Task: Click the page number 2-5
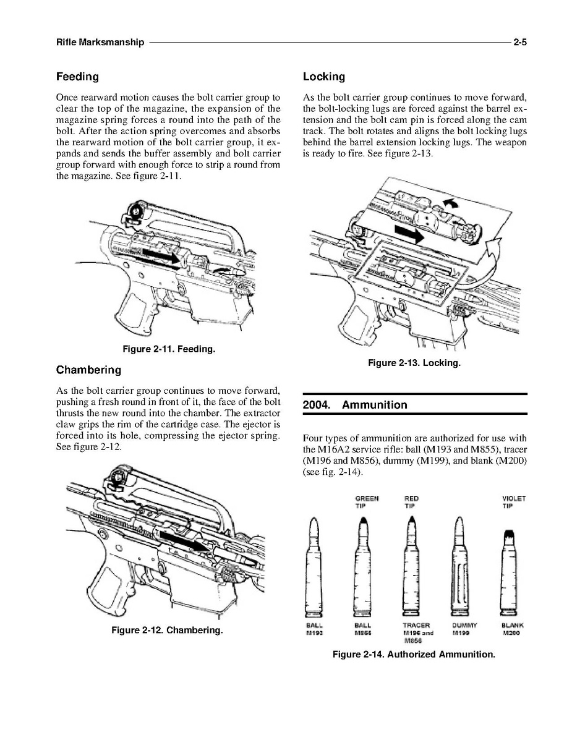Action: click(520, 42)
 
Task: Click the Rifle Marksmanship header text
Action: click(100, 42)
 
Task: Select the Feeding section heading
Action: click(77, 77)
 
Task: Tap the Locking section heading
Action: click(324, 77)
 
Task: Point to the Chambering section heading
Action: click(88, 370)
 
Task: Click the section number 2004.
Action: click(316, 405)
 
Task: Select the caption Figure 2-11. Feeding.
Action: click(169, 349)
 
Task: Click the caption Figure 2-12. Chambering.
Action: click(167, 631)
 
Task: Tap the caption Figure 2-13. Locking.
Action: click(414, 363)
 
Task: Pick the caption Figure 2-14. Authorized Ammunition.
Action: click(414, 655)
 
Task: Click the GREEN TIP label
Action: click(367, 502)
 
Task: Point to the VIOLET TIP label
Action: click(513, 502)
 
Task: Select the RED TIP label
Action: click(411, 502)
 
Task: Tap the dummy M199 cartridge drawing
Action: click(459, 566)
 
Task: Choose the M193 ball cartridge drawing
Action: click(314, 566)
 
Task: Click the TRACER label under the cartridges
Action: click(416, 625)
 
